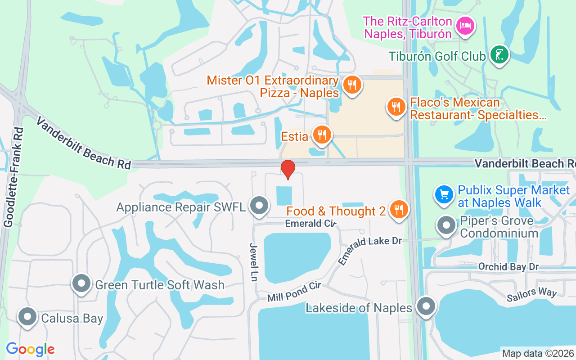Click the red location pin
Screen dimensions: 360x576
coord(288,169)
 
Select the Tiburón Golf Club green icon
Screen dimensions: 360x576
coord(499,54)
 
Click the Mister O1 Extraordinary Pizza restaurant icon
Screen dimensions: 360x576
coord(352,84)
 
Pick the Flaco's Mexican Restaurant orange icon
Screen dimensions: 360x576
coord(396,107)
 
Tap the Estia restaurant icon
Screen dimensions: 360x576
coord(322,135)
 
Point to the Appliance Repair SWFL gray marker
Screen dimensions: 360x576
coord(259,206)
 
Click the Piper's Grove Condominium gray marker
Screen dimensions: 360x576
coord(447,226)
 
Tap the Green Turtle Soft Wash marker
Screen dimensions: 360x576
coord(82,284)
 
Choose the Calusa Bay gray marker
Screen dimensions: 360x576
coord(27,317)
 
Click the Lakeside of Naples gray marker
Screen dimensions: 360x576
coord(426,307)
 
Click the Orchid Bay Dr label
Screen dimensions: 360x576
coord(508,267)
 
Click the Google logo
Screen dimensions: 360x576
coord(30,349)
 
